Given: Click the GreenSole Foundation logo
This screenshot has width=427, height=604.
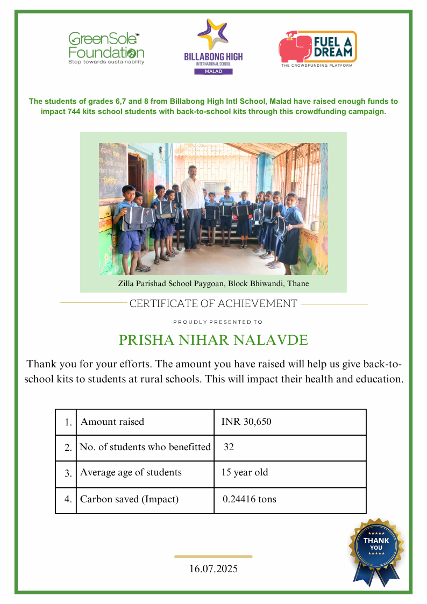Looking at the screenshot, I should coord(106,48).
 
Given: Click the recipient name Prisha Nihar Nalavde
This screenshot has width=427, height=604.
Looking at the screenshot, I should coord(213,340).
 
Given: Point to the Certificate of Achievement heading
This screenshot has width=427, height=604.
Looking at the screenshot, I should coord(213,304).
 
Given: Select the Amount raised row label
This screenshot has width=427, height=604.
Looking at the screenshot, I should coord(112,422).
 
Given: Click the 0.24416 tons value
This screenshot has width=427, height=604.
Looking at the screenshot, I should coord(250,499).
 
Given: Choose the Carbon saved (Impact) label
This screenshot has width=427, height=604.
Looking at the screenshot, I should coord(129,499).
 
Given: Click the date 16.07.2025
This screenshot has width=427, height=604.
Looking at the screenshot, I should coord(213,569).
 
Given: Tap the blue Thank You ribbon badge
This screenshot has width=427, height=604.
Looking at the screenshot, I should coord(376,550).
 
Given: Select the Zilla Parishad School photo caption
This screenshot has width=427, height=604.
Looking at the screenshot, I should coord(213,283).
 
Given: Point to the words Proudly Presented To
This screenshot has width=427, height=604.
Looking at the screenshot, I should coord(218,322).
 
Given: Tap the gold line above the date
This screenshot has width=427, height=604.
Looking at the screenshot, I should coord(213,557).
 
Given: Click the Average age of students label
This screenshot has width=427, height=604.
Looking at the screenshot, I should coord(131,473).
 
